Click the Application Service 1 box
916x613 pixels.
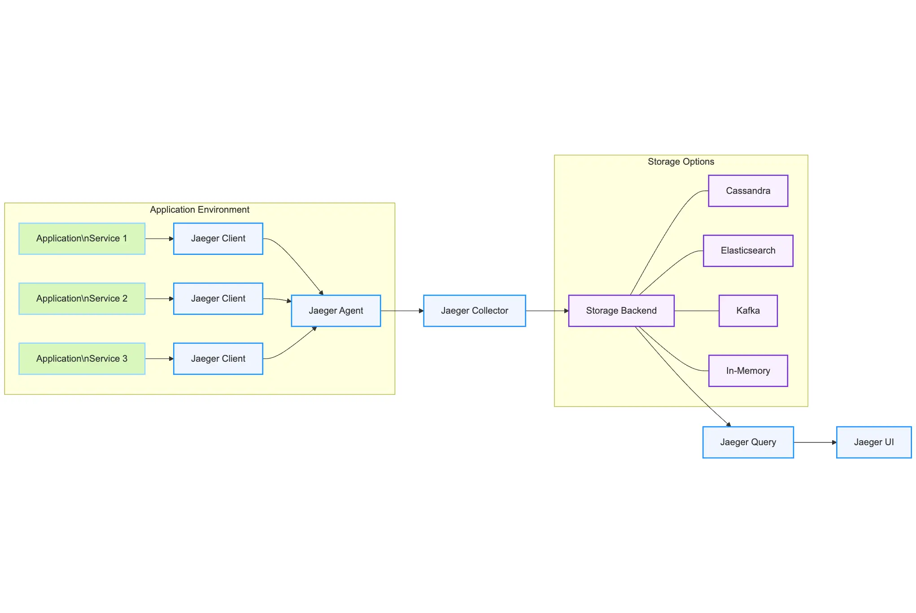click(x=82, y=239)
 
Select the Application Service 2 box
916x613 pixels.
click(x=82, y=299)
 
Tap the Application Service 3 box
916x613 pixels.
click(x=82, y=359)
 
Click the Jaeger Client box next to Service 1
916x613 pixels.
click(x=218, y=239)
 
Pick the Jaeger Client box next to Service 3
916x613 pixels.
click(x=218, y=359)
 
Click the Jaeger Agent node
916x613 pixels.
click(x=336, y=311)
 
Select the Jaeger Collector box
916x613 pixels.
click(x=474, y=311)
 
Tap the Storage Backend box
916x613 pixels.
click(x=621, y=311)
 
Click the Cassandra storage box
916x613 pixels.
click(x=748, y=191)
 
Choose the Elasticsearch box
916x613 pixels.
click(x=748, y=251)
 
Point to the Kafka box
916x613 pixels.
click(x=748, y=311)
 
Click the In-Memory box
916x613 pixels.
click(x=748, y=371)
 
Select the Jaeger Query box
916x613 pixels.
click(x=748, y=442)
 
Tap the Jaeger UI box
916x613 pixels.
click(x=873, y=442)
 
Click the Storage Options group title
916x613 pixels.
click(x=680, y=162)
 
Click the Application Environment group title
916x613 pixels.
click(x=199, y=210)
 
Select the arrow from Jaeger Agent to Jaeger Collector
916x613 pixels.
click(x=401, y=311)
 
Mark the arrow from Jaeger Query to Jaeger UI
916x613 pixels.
click(x=815, y=442)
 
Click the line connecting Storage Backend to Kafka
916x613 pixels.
click(x=696, y=311)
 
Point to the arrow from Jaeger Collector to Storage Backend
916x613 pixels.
click(x=546, y=311)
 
